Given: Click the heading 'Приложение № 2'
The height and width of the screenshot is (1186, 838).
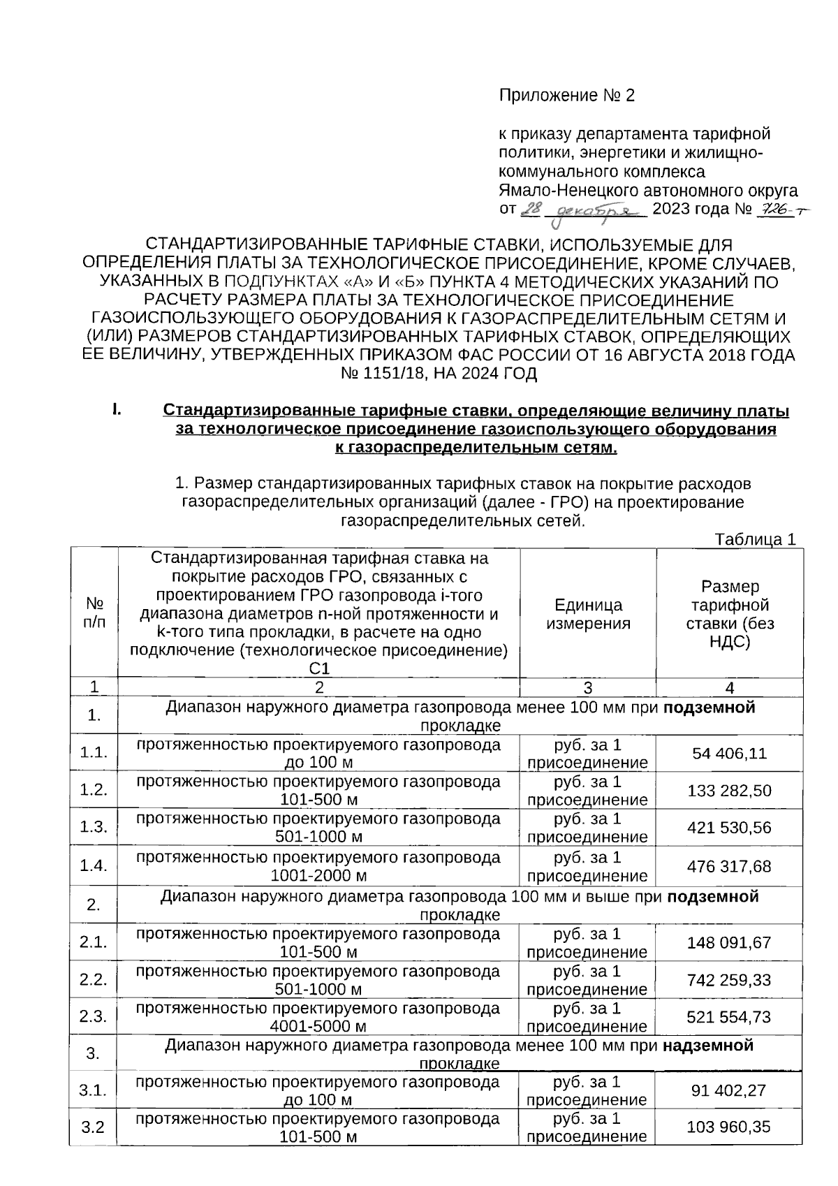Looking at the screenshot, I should pos(566,96).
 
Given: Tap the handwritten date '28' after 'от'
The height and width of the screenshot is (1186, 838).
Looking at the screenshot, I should pos(532,209).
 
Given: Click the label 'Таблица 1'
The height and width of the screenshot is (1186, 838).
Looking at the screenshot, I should pos(755,540).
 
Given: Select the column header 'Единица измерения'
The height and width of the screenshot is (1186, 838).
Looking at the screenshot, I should pos(588,614).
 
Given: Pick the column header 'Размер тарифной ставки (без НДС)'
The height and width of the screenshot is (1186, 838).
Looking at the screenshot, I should pos(729,614).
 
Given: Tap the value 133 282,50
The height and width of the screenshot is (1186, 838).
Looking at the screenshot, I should pos(729,791).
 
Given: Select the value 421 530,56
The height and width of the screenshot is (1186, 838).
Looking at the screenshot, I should pos(729,828).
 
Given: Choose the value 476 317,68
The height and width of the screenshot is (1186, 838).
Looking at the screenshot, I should pos(729,866).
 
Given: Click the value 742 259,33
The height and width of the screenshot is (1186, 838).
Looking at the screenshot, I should pos(729,980).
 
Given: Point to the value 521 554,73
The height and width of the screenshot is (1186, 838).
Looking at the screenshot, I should pos(729,1017).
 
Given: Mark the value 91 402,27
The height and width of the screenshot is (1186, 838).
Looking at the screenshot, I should pos(729,1090).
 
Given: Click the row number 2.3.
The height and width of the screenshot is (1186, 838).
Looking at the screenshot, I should pos(93,1017).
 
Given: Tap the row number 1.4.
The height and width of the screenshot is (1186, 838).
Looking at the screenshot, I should pos(93,866).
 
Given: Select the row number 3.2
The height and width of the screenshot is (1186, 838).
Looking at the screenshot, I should pos(93,1127).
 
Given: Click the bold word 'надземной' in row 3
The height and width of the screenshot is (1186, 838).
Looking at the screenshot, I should pos(708,1046).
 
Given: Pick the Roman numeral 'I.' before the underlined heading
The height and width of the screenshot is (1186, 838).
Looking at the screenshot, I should pos(117,409).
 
